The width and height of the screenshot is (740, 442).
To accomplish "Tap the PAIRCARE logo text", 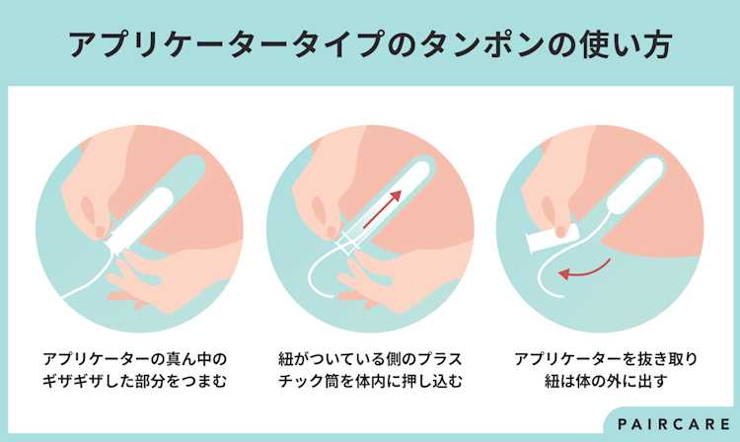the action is [674, 424].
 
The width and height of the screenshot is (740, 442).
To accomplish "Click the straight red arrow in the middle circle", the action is [383, 208].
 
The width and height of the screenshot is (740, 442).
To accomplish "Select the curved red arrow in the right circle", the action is [584, 269].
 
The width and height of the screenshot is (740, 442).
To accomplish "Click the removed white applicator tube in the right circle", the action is [553, 239].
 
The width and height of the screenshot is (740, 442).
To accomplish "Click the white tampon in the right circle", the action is [635, 184].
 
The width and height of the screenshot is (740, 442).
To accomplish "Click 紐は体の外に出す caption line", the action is [606, 381].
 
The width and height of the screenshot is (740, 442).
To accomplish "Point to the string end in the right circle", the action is [562, 297].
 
